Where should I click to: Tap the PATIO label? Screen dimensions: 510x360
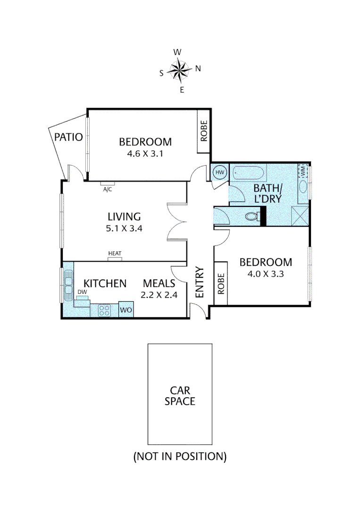tap(68, 137)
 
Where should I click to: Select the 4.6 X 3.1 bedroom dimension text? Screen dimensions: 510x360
tap(145, 153)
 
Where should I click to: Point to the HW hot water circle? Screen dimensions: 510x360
tap(220, 173)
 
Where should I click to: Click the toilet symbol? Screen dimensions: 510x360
tap(251, 216)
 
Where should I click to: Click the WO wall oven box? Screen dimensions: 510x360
tap(126, 310)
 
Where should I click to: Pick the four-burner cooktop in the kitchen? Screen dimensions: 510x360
tap(104, 310)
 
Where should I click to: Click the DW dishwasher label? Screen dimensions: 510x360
tap(82, 292)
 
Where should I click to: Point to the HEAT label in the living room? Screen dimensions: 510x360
tap(115, 254)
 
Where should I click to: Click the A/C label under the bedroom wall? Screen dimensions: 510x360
tap(108, 189)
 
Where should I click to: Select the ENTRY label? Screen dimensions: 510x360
tap(199, 282)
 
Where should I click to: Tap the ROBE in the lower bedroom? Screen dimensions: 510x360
tap(220, 283)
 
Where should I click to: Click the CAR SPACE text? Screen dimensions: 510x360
tap(179, 396)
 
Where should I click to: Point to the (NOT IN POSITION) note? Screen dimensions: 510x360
tap(179, 456)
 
